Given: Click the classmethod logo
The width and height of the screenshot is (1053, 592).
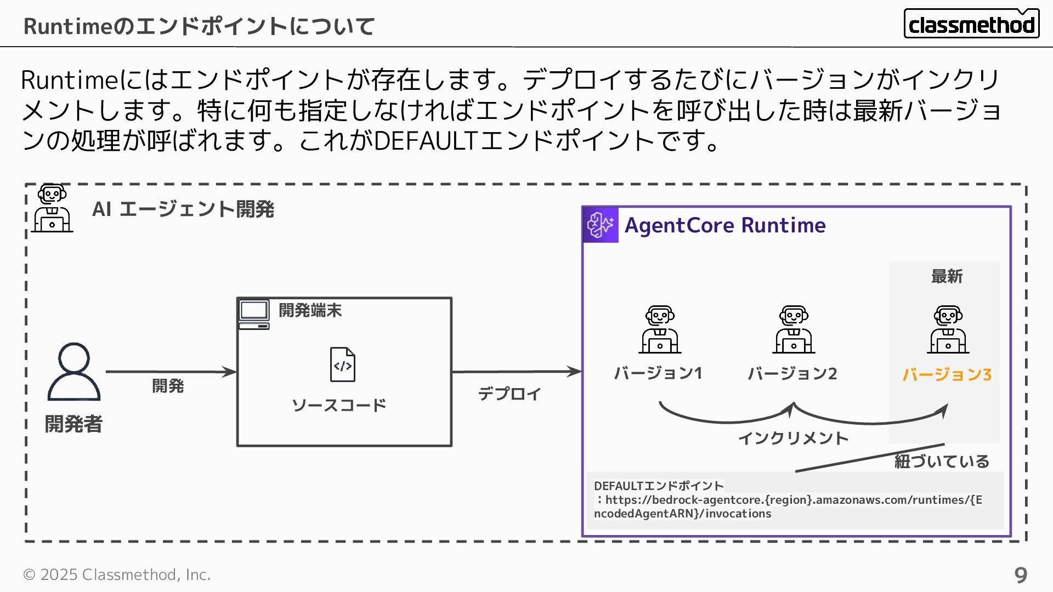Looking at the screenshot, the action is pos(971,24).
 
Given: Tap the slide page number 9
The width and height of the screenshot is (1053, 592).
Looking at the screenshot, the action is pos(1020,575).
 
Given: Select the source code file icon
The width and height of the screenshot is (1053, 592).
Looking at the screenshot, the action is pos(342,365).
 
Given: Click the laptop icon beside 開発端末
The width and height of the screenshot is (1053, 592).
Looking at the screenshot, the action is pos(254,315).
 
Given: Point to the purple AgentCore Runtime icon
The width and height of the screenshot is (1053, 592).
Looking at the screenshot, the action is pos(601,225).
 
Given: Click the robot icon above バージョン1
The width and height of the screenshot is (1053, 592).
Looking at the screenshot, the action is pos(660,329).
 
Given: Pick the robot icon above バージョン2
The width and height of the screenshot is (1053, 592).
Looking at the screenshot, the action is pos(794,329).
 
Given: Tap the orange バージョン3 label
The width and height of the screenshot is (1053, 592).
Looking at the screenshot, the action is pos(947,375).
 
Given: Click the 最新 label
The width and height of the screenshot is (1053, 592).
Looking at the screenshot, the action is pos(947,277).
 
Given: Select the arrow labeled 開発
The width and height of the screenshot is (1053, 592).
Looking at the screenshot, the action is pos(171,372).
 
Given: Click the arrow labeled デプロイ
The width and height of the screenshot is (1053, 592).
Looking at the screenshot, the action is pos(516,372).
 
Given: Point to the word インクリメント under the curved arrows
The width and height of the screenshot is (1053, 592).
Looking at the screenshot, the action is pos(793,439).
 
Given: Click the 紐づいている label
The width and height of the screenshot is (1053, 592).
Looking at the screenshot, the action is pos(942,462).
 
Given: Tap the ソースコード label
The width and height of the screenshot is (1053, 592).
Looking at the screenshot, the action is pos(339,406).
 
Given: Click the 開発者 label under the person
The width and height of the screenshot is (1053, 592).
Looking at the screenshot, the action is pos(73,424).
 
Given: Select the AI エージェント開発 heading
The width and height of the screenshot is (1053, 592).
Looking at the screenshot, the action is pos(183,209).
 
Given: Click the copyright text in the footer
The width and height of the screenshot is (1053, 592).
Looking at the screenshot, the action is pos(117,574).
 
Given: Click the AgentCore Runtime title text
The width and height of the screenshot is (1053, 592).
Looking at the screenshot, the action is pos(725,225).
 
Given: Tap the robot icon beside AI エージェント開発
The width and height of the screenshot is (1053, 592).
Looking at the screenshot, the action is pos(52,208).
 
